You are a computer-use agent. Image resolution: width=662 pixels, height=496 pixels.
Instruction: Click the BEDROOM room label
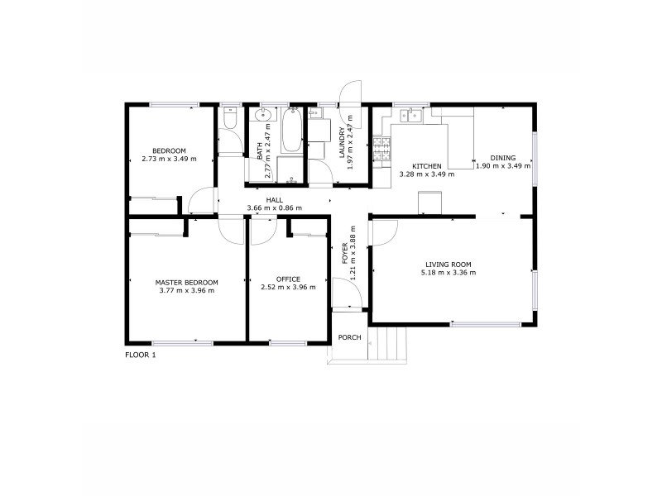169,150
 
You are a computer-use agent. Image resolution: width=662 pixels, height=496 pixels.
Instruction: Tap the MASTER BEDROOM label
186,282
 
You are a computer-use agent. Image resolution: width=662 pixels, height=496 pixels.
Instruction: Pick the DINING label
502,157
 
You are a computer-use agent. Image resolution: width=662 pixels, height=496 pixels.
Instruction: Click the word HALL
274,199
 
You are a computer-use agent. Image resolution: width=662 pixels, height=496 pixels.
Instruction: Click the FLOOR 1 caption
140,355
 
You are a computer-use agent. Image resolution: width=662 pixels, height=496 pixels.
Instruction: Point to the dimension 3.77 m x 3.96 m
186,290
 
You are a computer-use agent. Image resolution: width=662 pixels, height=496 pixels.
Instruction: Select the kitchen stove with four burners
381,149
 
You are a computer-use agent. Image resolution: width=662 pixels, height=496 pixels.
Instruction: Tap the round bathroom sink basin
263,116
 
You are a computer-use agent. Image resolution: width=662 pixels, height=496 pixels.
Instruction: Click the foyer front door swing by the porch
346,292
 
